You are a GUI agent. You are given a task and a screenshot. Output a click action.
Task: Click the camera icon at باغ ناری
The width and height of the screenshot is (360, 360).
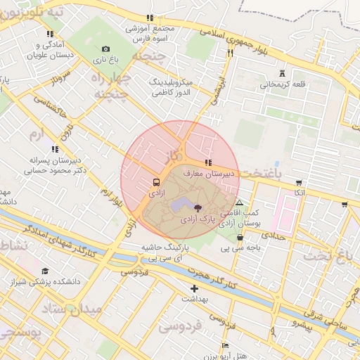pyautogui.click(x=105, y=49)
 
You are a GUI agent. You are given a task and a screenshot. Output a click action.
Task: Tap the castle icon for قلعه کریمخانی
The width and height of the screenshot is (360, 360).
pyautogui.click(x=283, y=74)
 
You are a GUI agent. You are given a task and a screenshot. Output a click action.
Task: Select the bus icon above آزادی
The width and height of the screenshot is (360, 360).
pyautogui.click(x=155, y=181)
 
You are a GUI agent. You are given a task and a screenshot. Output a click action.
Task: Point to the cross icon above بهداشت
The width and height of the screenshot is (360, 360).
pyautogui.click(x=195, y=288)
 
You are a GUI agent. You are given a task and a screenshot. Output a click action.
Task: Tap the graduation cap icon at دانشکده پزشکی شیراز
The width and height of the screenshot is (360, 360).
pyautogui.click(x=46, y=271)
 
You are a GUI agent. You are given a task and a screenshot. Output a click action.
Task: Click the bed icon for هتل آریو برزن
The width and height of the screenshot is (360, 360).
pyautogui.click(x=224, y=345)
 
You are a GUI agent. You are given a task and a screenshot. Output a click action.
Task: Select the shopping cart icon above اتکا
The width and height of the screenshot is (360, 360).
pyautogui.click(x=300, y=182)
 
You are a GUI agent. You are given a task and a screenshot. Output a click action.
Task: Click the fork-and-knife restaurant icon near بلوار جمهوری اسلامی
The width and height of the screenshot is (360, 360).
pyautogui.click(x=229, y=52)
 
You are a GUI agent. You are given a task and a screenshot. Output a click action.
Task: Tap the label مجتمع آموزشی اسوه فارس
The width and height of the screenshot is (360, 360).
pyautogui.click(x=149, y=33)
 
